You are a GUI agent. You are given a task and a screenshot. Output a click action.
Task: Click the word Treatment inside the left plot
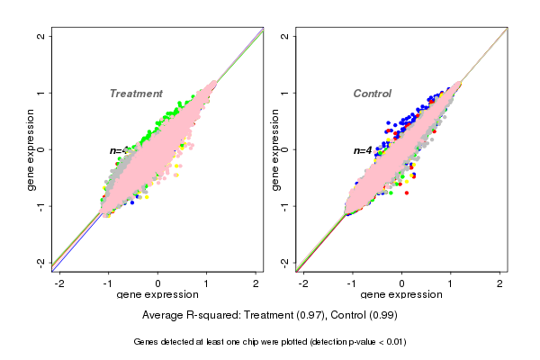point(136,94)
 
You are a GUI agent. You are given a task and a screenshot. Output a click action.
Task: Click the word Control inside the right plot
point(372,94)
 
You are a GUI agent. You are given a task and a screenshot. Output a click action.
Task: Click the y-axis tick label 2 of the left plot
point(40,36)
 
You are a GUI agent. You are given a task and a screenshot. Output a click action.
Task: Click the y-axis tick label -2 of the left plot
point(40,262)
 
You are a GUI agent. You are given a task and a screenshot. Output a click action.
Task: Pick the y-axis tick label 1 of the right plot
point(285,93)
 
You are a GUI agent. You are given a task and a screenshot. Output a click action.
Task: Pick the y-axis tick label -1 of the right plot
point(285,205)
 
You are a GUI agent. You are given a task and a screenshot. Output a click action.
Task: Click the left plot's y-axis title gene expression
point(31,149)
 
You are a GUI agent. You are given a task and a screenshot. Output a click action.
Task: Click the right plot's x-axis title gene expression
point(402,295)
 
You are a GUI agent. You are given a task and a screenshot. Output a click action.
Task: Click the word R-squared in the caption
point(213,316)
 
